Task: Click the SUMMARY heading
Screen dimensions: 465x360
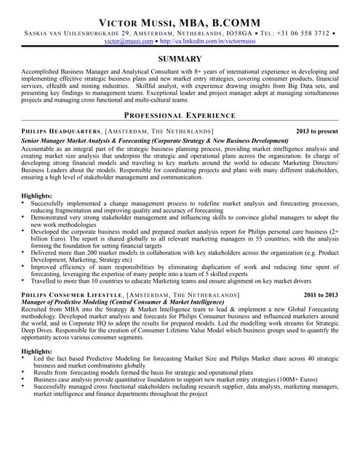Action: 180,59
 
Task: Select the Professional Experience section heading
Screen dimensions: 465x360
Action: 180,116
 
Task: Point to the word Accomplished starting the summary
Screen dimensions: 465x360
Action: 43,73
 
